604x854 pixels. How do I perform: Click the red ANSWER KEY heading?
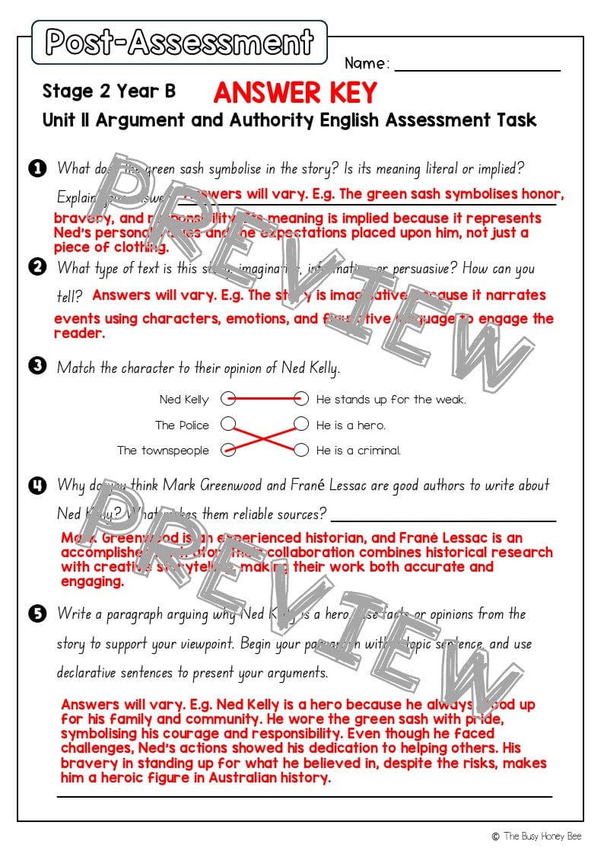(x=295, y=92)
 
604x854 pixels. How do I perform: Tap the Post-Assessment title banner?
(x=180, y=43)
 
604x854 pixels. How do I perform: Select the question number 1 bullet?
(x=36, y=168)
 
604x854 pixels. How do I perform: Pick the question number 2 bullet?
(x=36, y=266)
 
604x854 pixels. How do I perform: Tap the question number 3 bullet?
(x=36, y=366)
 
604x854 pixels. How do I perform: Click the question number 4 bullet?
(x=36, y=485)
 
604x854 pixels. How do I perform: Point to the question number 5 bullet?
(x=36, y=613)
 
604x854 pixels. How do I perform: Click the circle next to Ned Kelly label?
(x=227, y=399)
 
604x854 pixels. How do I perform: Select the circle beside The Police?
(x=227, y=424)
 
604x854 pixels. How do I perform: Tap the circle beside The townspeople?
(x=227, y=450)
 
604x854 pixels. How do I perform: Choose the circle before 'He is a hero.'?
(x=301, y=424)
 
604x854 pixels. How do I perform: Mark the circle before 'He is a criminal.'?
(x=301, y=450)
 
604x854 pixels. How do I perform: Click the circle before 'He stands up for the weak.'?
(x=301, y=399)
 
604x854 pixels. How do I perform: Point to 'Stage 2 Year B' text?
(x=109, y=91)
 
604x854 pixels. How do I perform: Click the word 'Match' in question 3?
(x=77, y=368)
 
